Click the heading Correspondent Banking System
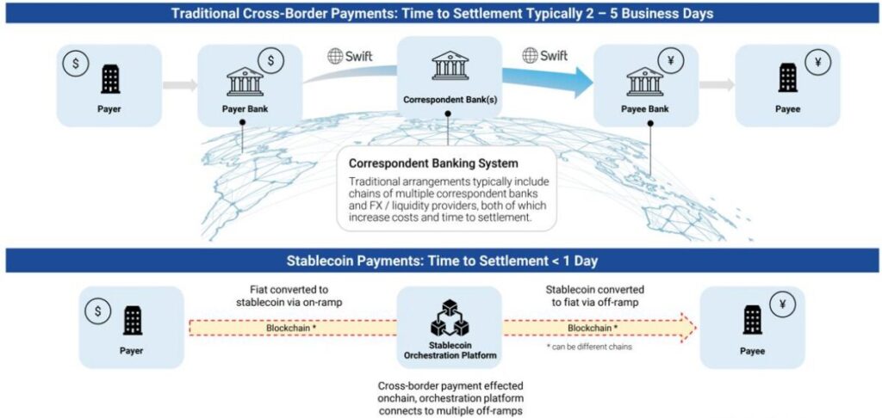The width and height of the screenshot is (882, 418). coord(432,162)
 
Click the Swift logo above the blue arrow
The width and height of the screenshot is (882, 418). coord(544,56)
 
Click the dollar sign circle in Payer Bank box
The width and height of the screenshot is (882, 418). coord(271,61)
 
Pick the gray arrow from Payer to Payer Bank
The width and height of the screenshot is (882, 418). coord(179,85)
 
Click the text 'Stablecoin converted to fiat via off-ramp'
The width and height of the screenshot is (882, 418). coord(595,295)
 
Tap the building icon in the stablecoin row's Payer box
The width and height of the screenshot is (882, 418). coord(133,323)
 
